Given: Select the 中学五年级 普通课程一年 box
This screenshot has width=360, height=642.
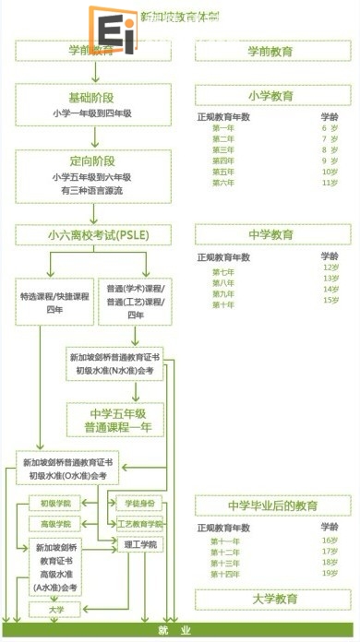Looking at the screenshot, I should [115, 420].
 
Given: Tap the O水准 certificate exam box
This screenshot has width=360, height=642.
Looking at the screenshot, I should [69, 469].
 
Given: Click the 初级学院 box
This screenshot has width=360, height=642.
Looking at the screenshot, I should [55, 504].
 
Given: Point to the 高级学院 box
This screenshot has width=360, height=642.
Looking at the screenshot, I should [55, 523].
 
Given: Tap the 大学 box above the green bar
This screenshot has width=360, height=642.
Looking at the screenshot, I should [55, 609].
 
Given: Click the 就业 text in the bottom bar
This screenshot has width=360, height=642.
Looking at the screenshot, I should [180, 631].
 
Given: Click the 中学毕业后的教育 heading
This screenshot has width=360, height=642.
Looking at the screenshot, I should [272, 505].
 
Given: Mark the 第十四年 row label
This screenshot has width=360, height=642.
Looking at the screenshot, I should [224, 573].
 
